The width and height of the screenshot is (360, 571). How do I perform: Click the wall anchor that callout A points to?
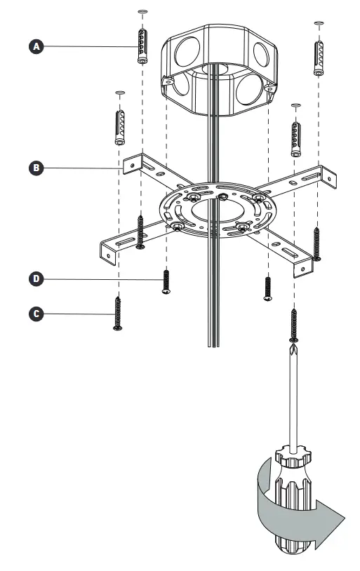pyautogui.click(x=142, y=46)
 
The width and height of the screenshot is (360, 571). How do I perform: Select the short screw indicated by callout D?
pyautogui.click(x=166, y=281)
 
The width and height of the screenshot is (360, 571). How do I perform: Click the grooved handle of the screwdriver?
pyautogui.click(x=293, y=505)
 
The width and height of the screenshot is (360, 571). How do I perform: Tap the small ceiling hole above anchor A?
pyautogui.click(x=142, y=13)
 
